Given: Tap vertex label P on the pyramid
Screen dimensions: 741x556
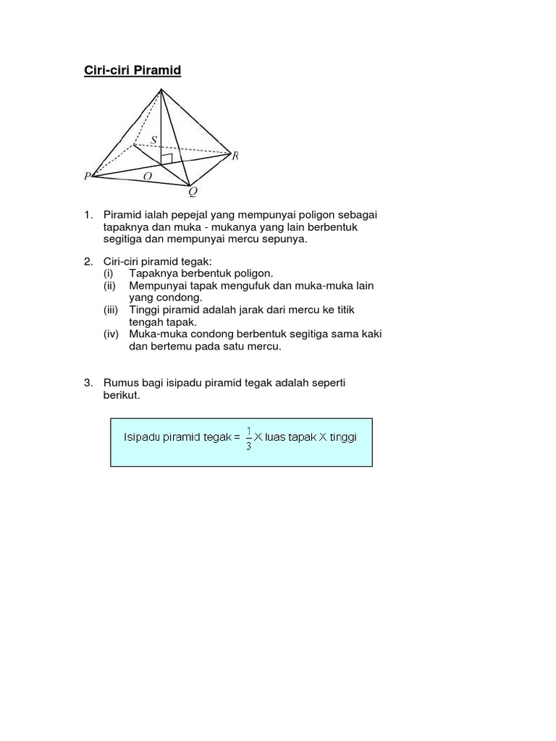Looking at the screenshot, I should (x=87, y=176).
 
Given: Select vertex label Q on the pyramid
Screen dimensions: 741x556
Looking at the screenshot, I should (x=192, y=192).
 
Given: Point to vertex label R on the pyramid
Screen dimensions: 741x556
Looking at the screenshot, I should (x=235, y=155).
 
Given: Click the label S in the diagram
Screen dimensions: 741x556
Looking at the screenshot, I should (x=154, y=140).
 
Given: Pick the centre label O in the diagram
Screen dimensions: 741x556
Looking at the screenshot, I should (x=148, y=176).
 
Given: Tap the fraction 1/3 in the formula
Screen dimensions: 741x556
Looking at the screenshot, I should (x=248, y=438).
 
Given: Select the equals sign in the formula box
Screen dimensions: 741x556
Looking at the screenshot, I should (x=236, y=438).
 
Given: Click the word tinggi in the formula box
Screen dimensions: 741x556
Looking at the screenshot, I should (x=343, y=438).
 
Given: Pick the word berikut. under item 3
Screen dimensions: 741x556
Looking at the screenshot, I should (x=121, y=395).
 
